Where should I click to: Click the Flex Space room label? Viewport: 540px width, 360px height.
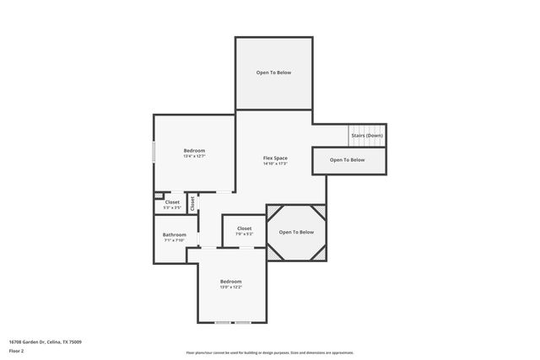point(275,158)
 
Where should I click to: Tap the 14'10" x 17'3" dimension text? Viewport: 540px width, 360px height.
point(275,164)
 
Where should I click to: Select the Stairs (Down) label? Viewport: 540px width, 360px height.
point(367,136)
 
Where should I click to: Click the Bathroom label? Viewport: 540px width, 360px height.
point(175,234)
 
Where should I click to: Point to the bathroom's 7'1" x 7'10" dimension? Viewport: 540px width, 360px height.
point(175,240)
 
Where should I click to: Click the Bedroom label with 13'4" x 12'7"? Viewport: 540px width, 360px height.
point(194,150)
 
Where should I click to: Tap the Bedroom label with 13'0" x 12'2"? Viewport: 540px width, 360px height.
point(231,281)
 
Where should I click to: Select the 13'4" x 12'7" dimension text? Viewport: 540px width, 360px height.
point(194,156)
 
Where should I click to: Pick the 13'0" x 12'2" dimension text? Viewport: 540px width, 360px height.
point(231,287)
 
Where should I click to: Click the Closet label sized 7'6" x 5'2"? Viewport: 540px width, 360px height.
point(244,228)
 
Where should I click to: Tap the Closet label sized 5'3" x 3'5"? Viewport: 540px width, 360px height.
point(172,201)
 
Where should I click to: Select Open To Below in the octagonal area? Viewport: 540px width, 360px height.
point(296,232)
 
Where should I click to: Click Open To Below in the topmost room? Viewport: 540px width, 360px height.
point(273,73)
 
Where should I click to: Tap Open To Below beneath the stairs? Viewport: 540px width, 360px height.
point(347,159)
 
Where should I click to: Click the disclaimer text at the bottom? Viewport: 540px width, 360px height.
point(269,352)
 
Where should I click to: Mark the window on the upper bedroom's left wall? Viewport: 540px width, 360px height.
point(154,152)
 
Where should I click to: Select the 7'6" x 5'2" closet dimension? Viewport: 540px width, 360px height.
point(244,234)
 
